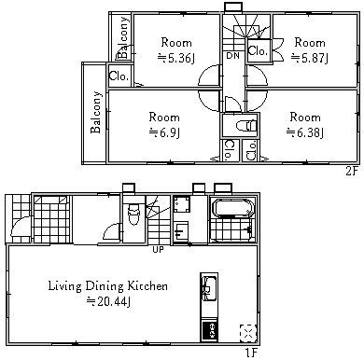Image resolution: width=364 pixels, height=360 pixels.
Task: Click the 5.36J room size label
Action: click(x=176, y=58)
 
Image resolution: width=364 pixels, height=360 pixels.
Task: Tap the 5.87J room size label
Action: click(x=310, y=58)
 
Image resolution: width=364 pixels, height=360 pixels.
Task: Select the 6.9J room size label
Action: click(x=164, y=133)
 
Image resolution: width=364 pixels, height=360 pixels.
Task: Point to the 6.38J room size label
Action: click(x=305, y=133)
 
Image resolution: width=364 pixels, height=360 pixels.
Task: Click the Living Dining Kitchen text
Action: click(x=108, y=286)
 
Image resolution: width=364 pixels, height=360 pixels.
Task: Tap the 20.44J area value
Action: click(x=107, y=301)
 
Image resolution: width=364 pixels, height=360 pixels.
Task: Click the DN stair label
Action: click(x=232, y=56)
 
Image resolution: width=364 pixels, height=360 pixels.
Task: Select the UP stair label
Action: click(x=158, y=249)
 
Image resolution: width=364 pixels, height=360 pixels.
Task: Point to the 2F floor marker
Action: click(x=352, y=171)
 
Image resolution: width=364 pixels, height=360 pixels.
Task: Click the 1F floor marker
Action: click(x=251, y=353)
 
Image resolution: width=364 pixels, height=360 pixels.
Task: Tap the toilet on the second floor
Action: click(x=245, y=126)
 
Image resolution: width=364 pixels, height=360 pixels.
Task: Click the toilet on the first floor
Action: click(x=134, y=214)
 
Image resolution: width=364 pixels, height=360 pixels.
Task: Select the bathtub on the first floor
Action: click(x=232, y=206)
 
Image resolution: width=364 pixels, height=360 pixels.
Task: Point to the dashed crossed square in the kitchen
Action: click(x=248, y=333)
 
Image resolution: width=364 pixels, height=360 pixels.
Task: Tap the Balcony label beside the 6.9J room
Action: click(x=96, y=112)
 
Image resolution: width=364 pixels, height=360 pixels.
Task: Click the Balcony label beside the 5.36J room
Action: click(x=123, y=37)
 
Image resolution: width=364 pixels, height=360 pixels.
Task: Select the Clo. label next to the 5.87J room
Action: click(x=258, y=50)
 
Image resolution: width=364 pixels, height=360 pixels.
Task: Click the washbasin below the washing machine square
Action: click(x=181, y=231)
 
